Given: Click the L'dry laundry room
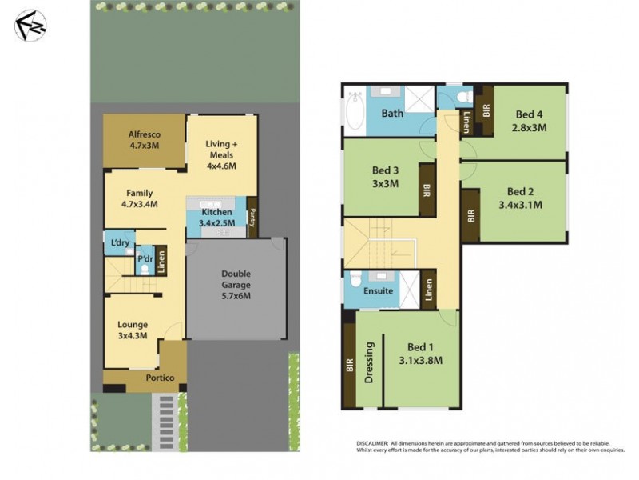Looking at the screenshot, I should [121, 243].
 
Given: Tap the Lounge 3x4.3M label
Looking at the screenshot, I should [132, 330].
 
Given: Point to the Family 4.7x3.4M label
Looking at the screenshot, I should [139, 198].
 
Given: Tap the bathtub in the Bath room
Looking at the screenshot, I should [353, 113].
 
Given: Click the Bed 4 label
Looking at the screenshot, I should [529, 120].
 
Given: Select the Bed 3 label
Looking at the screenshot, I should [387, 176].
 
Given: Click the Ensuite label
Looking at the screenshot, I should [378, 290].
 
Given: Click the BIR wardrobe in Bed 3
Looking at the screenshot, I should [427, 192].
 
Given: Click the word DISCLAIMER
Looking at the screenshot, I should [372, 442].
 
